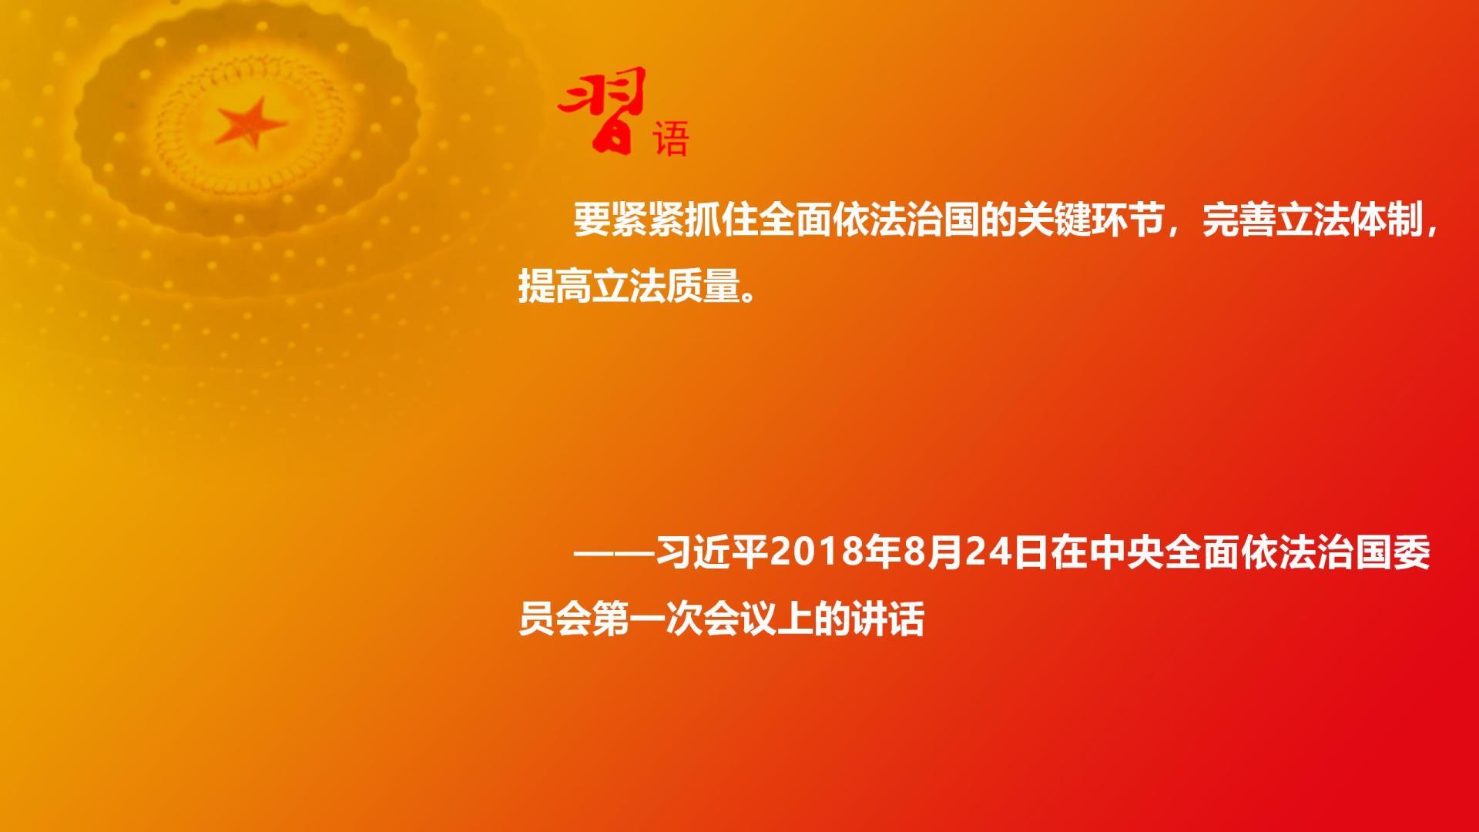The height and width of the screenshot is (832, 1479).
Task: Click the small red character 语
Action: pos(670,139)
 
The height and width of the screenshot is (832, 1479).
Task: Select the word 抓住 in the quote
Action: pos(721,221)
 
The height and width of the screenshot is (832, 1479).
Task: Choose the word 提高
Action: pos(555,287)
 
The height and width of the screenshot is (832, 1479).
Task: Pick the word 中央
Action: pos(1126,553)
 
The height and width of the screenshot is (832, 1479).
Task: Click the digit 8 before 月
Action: pos(914,553)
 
